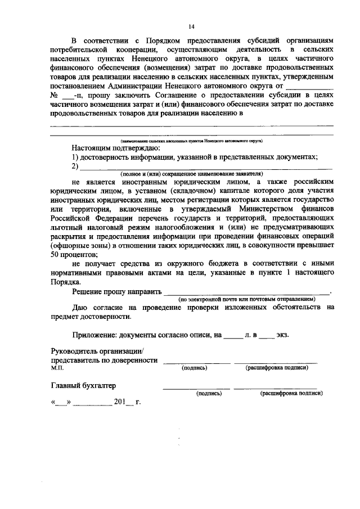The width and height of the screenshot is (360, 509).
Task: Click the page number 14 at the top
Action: point(191,26)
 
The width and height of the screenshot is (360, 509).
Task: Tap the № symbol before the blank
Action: point(55,96)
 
